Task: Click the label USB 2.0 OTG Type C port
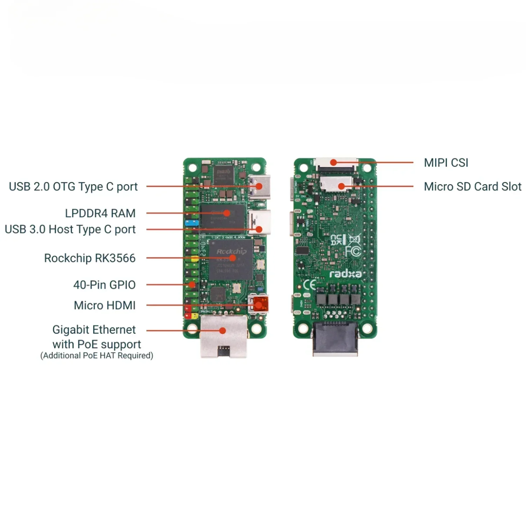(73, 187)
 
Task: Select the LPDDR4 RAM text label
(100, 213)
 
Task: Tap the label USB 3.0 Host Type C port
(70, 229)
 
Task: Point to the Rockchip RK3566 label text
(90, 258)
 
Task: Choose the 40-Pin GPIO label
(104, 285)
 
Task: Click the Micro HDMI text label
(104, 305)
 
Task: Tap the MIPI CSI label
(446, 163)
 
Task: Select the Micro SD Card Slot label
(472, 187)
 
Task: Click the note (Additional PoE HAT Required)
(96, 356)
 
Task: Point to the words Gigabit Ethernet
(94, 330)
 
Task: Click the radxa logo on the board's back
(345, 274)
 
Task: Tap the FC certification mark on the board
(353, 251)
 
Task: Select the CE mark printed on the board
(309, 285)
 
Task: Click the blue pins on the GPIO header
(191, 223)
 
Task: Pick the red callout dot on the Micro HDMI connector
(258, 305)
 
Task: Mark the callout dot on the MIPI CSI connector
(333, 162)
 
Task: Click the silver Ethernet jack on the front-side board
(223, 337)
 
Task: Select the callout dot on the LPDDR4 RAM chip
(227, 213)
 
